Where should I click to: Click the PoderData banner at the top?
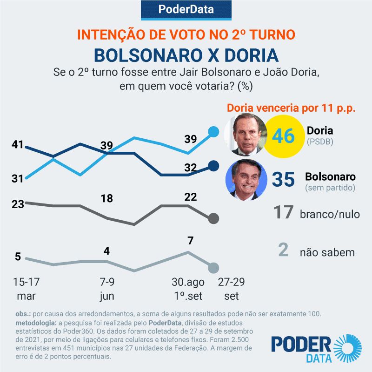(x=186, y=9)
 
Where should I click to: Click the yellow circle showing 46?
(x=283, y=136)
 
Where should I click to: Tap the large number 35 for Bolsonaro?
(x=283, y=179)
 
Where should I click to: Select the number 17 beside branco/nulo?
(x=283, y=213)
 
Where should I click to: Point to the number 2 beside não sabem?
(x=283, y=250)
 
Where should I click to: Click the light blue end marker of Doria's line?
(x=213, y=132)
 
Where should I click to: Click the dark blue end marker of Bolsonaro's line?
(x=213, y=166)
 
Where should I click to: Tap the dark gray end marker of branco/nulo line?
(x=213, y=218)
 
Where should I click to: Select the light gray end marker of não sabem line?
(x=213, y=268)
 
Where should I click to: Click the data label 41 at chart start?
(x=18, y=144)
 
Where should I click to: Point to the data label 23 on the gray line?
(x=18, y=204)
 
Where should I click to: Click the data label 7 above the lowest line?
(x=190, y=241)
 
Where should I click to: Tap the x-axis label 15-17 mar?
(x=26, y=289)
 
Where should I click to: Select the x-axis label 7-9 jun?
(x=107, y=289)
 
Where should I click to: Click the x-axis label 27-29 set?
(x=231, y=289)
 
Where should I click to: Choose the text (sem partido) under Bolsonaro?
(x=330, y=188)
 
